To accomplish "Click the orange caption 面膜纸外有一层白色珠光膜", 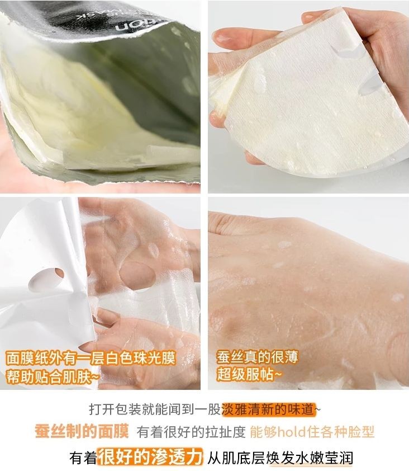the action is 91,358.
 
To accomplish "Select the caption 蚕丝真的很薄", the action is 257,357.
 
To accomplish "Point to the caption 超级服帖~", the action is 249,374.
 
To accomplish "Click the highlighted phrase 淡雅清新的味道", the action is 269,409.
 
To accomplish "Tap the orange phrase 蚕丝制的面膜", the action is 82,432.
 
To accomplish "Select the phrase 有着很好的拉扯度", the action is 191,432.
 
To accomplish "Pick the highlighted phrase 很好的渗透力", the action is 149,457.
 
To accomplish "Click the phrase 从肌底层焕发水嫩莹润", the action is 280,458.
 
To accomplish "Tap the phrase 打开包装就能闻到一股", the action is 155,409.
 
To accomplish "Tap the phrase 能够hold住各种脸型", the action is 312,432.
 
